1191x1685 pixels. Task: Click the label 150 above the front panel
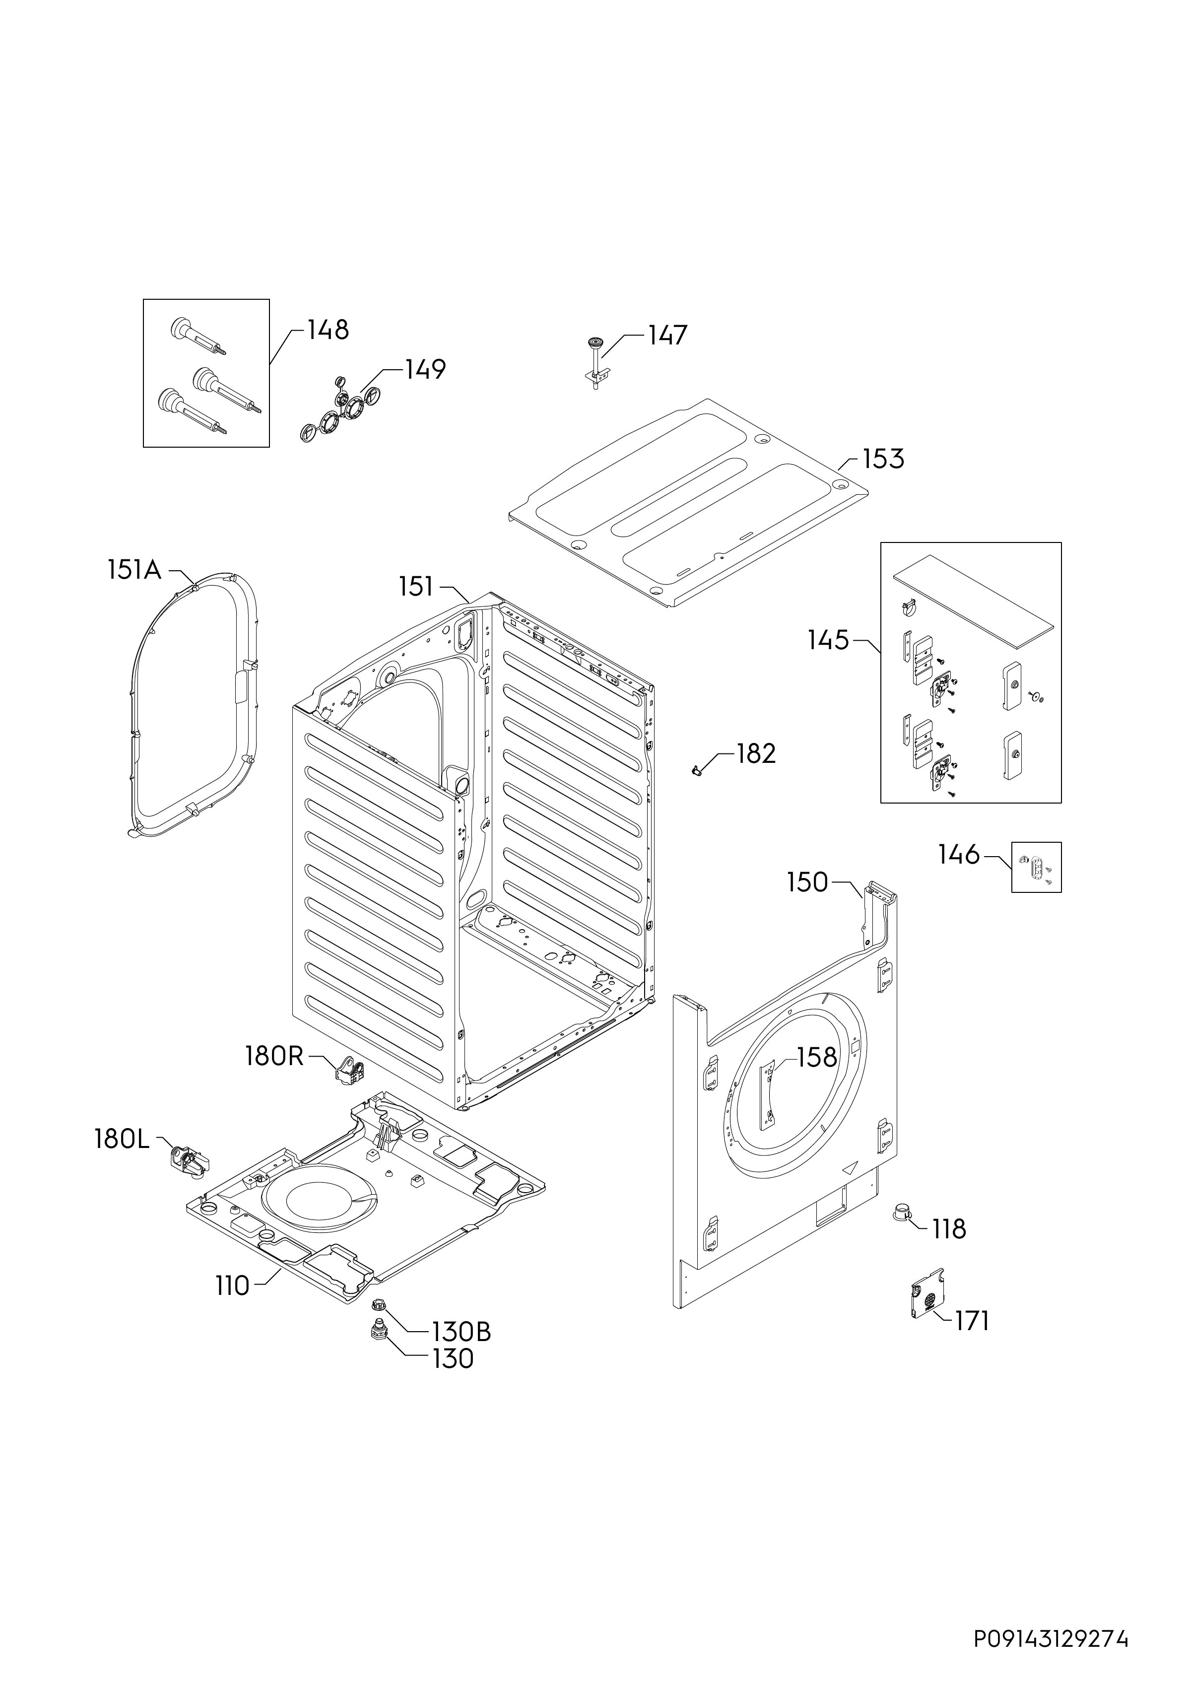coord(807,882)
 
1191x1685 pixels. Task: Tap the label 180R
coord(274,1056)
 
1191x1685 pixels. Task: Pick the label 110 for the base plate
coord(233,1286)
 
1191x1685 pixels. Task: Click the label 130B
coord(462,1331)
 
